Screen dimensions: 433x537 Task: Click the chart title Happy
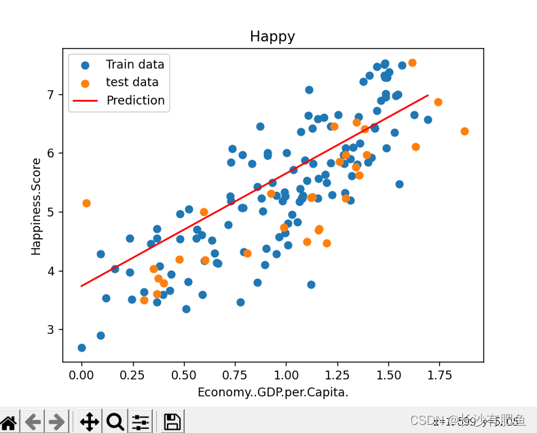point(272,37)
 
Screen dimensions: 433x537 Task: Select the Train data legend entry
point(134,65)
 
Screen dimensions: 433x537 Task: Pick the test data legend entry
point(132,83)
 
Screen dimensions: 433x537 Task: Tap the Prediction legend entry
point(135,100)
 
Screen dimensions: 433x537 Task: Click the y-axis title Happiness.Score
point(37,206)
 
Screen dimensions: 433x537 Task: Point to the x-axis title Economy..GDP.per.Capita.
point(272,392)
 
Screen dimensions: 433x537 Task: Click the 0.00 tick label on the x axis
point(82,375)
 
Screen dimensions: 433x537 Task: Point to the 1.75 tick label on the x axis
point(439,375)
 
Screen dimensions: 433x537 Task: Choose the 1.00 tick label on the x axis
point(286,375)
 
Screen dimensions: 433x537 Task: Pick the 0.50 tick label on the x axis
point(184,375)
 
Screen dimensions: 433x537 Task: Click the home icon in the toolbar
point(9,421)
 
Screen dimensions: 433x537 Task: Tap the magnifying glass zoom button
point(115,421)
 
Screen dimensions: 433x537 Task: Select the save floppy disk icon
point(172,421)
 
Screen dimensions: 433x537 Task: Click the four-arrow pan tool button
point(89,421)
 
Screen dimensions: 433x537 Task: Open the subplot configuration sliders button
point(141,421)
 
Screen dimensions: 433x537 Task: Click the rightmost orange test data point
point(464,131)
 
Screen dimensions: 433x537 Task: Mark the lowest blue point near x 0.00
point(81,347)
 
